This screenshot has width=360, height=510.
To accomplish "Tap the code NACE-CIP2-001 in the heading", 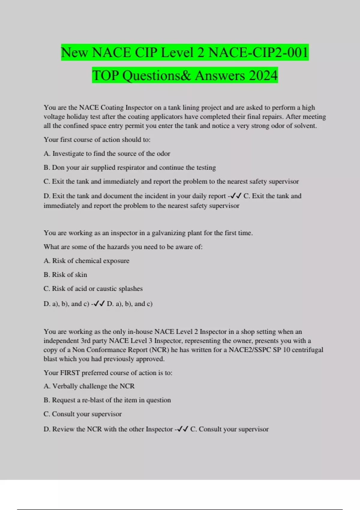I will coord(258,52).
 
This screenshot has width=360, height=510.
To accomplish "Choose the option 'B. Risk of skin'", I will coord(65,274).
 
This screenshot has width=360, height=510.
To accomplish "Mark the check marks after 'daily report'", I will coord(236,196).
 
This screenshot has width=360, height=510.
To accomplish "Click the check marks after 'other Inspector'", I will coord(183,429).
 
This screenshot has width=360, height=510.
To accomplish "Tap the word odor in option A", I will coord(163,154).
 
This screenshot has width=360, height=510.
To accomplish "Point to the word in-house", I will coord(140,331).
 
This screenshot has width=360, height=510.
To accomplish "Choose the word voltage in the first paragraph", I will coord(55,117).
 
